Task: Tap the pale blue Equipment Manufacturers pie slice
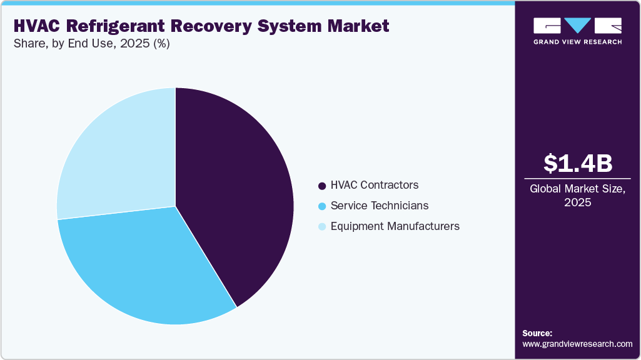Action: pyautogui.click(x=119, y=156)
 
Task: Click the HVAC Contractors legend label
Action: pyautogui.click(x=374, y=185)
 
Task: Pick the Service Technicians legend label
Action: pyautogui.click(x=379, y=206)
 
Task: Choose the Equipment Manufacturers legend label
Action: pyautogui.click(x=395, y=226)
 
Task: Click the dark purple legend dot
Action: pyautogui.click(x=322, y=186)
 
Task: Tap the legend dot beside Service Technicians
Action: pyautogui.click(x=322, y=206)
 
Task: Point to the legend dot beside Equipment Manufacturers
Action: pyautogui.click(x=322, y=227)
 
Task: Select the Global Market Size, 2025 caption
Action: pyautogui.click(x=577, y=196)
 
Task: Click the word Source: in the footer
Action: pyautogui.click(x=537, y=333)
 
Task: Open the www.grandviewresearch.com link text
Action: pyautogui.click(x=577, y=344)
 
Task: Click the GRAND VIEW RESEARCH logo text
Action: pyautogui.click(x=577, y=42)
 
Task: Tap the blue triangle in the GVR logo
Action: pyautogui.click(x=578, y=26)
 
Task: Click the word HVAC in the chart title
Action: pyautogui.click(x=38, y=26)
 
